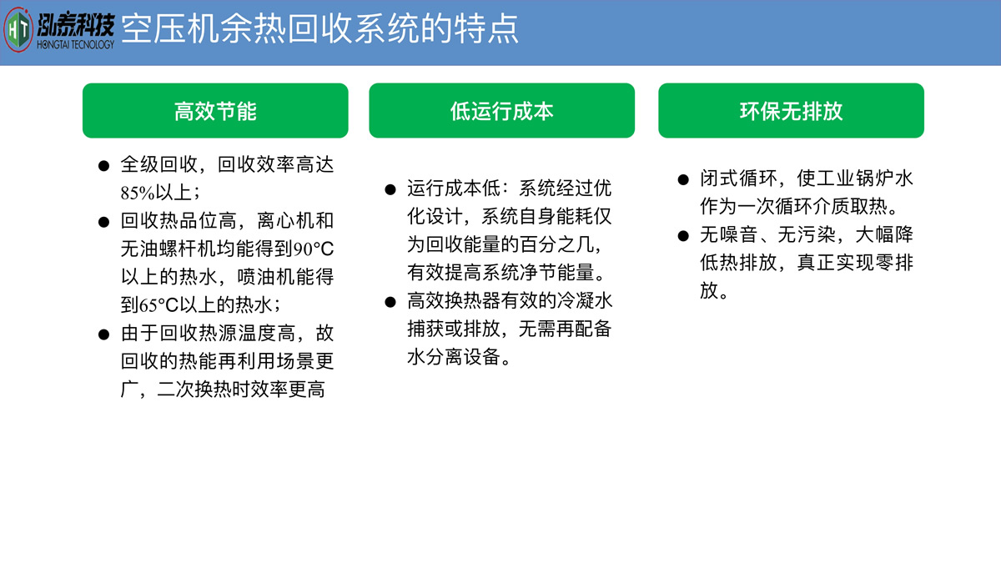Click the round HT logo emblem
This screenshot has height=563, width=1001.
[18, 30]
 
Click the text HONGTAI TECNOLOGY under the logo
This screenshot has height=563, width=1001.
[76, 45]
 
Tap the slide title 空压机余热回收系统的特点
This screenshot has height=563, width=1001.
[319, 29]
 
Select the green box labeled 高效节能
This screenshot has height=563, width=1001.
[215, 110]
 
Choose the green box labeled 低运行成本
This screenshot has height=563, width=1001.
[502, 110]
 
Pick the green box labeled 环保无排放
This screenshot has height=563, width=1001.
[791, 110]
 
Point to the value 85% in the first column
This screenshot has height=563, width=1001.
[138, 193]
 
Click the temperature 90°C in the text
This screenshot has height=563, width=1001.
[314, 249]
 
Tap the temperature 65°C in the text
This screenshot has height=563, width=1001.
[158, 305]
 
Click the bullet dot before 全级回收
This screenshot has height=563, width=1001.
[103, 166]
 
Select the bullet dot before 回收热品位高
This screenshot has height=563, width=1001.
[103, 222]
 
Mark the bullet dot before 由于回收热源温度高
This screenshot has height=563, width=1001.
[103, 334]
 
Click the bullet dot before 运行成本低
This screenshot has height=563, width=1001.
[390, 189]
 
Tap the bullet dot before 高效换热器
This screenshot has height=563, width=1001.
[390, 302]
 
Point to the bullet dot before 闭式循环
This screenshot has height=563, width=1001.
[683, 179]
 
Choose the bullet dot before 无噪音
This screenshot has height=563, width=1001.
[683, 235]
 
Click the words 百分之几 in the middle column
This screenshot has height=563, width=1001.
[557, 244]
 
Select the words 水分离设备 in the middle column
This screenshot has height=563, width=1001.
[454, 357]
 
